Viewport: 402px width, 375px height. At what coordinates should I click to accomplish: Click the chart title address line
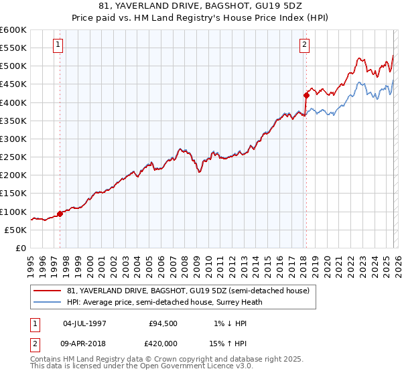coord(201,6)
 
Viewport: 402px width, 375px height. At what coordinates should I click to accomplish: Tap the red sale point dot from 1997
coord(60,214)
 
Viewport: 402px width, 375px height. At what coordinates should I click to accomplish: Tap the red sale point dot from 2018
coord(306,95)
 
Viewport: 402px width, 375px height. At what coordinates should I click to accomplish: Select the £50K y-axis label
coord(16,230)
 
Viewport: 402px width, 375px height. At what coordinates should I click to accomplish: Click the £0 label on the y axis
coord(21,248)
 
